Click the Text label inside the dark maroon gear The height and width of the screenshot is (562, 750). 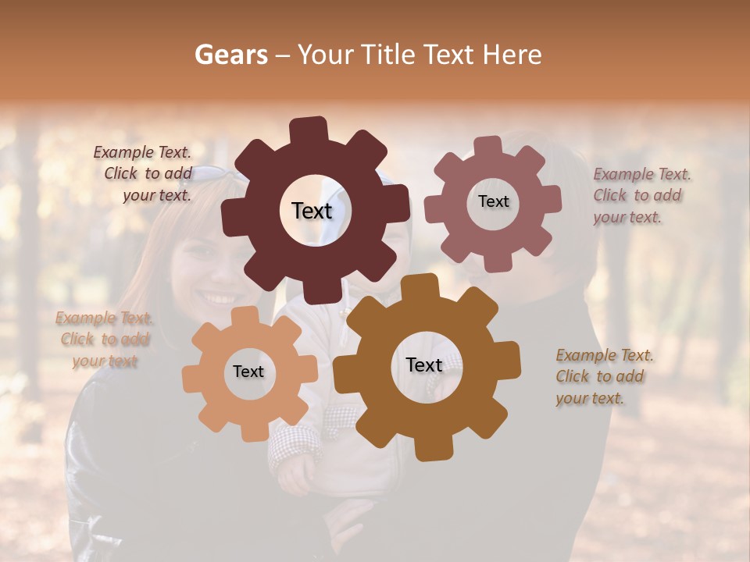[312, 211]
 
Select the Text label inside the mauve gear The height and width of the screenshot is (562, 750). [493, 201]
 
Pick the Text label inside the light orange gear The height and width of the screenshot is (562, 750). [248, 372]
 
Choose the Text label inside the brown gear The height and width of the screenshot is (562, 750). [424, 365]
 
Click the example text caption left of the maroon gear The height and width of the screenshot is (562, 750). [145, 174]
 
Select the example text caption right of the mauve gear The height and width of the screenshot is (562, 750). [641, 196]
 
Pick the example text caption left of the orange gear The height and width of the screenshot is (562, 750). [104, 340]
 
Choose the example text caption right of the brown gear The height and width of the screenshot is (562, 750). [603, 377]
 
